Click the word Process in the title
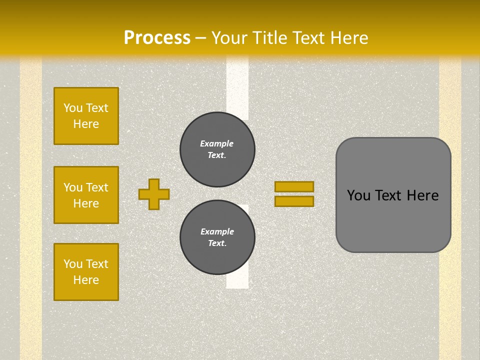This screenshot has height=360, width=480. [157, 38]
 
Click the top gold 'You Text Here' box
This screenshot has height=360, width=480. [86, 116]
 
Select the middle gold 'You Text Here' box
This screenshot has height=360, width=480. [86, 195]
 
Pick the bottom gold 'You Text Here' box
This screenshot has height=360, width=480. [86, 272]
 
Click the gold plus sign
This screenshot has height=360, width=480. [154, 194]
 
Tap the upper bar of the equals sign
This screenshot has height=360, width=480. [294, 186]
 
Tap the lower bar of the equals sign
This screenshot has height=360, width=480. [294, 201]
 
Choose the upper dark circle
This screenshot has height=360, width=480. [217, 149]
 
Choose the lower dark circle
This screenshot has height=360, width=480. [217, 237]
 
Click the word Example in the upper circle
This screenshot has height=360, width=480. [217, 143]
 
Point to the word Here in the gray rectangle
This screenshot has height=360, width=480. [422, 195]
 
